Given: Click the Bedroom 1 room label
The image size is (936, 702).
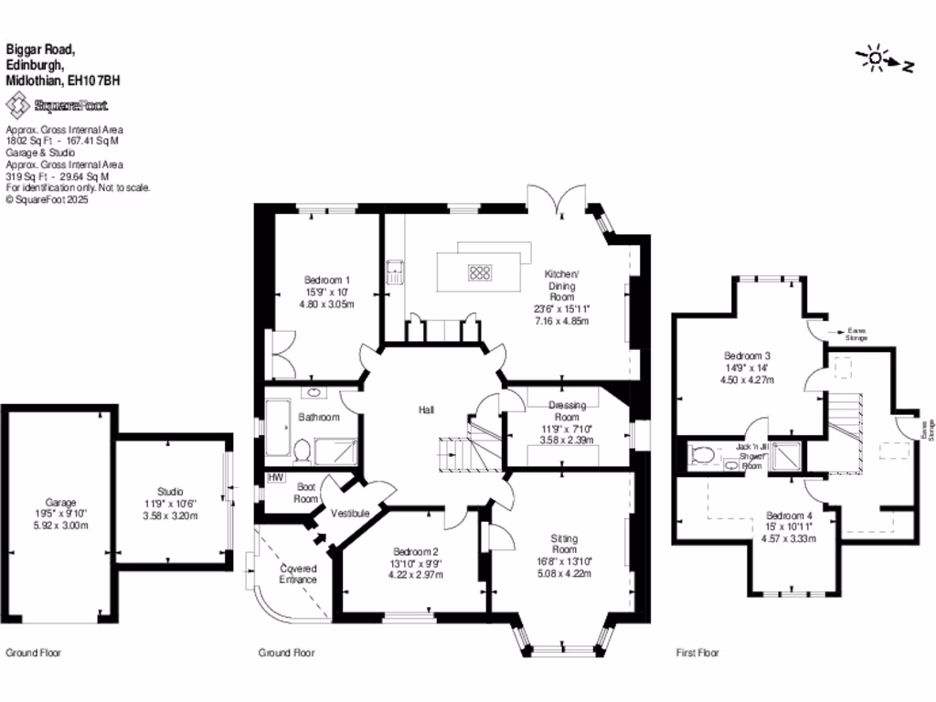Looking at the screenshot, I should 327,280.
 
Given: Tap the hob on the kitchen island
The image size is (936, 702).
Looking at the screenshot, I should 480,271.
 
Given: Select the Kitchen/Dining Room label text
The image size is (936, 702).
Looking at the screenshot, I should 561,285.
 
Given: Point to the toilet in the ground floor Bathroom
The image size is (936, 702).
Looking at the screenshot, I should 301,448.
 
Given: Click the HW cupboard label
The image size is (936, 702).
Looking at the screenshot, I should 274,477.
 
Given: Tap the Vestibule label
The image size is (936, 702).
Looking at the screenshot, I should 350,514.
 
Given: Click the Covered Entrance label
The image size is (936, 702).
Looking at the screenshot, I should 298,574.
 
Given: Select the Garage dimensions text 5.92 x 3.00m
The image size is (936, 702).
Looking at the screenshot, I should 60,526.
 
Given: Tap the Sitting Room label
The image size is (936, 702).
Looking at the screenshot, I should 564,544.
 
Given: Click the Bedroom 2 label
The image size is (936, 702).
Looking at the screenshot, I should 416,551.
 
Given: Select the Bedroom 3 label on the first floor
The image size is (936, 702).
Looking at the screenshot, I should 747,356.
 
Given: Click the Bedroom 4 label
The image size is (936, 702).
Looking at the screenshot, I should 787,515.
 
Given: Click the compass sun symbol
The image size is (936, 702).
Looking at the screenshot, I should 876,59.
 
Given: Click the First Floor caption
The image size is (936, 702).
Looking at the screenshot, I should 697,653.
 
